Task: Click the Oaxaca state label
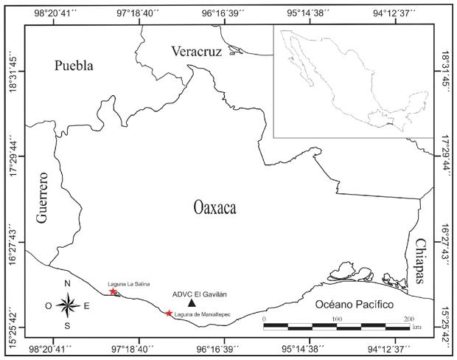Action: pos(214,209)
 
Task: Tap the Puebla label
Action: pos(74,66)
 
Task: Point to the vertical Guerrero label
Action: pos(41,198)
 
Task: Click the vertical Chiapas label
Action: pos(420,261)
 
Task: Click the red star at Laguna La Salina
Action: pos(113,291)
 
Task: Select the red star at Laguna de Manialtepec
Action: pos(169,314)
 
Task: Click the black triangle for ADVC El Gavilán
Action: pos(192,302)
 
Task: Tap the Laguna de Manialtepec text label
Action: pos(203,315)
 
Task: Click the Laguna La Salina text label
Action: pos(122,283)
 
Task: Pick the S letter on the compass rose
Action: pos(67,325)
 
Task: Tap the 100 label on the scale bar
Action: pos(336,318)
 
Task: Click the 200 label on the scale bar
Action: pos(409,318)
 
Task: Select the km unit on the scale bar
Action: pos(417,325)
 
